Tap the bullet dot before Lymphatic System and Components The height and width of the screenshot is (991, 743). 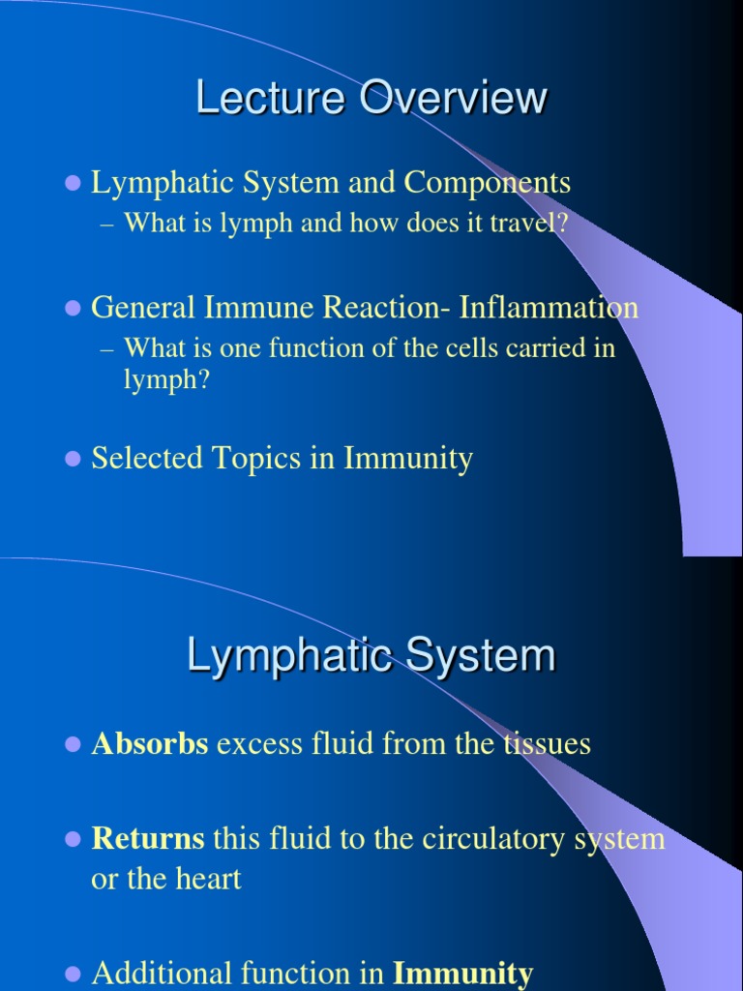point(71,183)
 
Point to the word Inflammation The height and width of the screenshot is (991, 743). point(549,308)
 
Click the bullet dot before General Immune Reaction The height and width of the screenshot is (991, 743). point(71,309)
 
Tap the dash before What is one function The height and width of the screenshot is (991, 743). point(107,348)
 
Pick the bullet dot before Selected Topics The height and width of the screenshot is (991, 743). point(71,459)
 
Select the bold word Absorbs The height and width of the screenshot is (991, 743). point(150,743)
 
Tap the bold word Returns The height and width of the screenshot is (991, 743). point(148,838)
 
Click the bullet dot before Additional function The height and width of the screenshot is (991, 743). point(71,973)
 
